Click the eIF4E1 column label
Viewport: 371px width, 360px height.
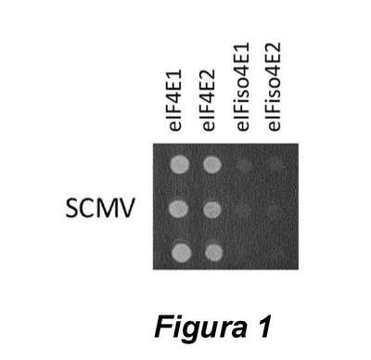(176, 100)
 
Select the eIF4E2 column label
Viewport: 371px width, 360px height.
(209, 100)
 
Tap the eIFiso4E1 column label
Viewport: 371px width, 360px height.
(242, 87)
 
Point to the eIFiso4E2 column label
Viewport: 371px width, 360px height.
(275, 87)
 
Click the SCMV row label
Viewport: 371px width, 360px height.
(100, 208)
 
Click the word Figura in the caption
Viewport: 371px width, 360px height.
(198, 327)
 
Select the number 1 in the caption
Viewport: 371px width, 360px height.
(262, 326)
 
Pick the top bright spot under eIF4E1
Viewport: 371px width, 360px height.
(180, 164)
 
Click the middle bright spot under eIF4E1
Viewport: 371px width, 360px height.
(179, 209)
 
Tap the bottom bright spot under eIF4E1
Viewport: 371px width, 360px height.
(182, 252)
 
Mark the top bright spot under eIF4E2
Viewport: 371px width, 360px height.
(212, 164)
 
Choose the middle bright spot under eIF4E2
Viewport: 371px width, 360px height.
(212, 210)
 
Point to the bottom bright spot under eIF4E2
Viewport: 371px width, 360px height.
(214, 252)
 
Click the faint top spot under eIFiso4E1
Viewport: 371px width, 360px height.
(245, 165)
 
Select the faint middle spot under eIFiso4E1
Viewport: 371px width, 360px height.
(243, 210)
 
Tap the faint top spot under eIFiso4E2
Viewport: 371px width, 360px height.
(275, 163)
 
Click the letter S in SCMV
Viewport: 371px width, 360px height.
(72, 208)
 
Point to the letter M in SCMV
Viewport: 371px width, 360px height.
(109, 208)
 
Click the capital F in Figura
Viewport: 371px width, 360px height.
(163, 326)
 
